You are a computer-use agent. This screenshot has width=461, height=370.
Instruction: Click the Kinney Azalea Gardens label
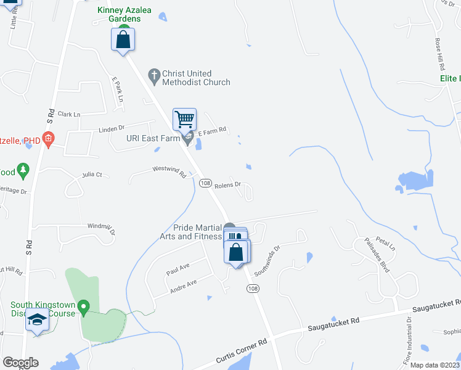[119, 14]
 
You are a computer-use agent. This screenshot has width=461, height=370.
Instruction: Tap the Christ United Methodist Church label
[196, 78]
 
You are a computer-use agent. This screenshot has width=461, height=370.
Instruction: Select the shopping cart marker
[185, 119]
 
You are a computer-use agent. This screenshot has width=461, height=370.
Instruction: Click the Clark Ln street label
[69, 114]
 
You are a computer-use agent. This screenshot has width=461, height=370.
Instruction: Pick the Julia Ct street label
[92, 175]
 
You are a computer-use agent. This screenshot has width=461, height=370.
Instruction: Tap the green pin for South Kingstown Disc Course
[85, 306]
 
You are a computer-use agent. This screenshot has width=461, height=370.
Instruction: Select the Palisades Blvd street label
[377, 255]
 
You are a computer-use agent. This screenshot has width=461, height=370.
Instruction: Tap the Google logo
[20, 363]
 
